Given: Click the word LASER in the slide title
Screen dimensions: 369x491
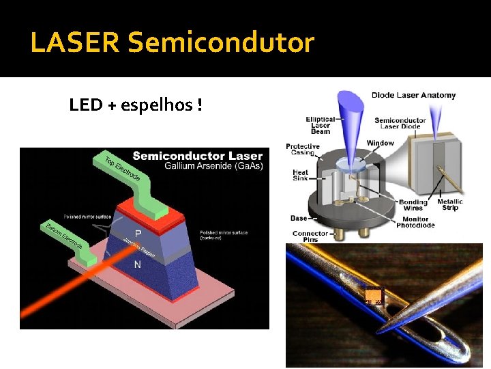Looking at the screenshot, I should (75, 43).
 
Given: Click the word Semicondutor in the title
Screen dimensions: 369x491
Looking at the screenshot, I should (220, 43).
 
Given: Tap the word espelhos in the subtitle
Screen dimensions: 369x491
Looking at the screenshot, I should (154, 105).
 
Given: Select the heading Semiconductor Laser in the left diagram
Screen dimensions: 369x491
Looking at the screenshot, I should (197, 156).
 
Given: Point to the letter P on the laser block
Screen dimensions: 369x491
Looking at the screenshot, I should (138, 233).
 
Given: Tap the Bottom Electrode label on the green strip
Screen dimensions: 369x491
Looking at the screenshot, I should (63, 235).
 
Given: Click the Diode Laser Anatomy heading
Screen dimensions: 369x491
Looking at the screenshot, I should (413, 95).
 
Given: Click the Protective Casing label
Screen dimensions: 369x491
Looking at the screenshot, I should (303, 150).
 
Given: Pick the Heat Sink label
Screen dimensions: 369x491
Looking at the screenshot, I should (301, 176).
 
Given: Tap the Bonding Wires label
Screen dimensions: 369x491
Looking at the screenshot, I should (413, 205).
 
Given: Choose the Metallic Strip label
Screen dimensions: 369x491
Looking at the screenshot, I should (450, 205).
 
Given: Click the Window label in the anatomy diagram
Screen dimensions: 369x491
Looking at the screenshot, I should (381, 143).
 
